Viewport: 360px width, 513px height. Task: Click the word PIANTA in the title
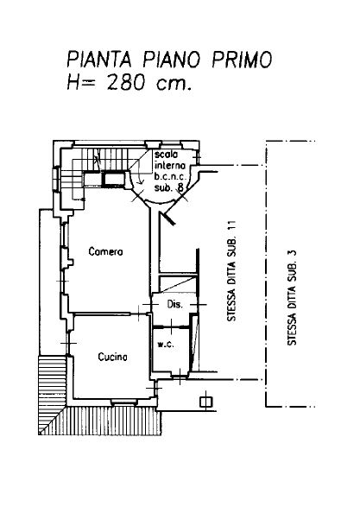click(99, 60)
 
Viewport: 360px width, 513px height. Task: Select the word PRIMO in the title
click(242, 60)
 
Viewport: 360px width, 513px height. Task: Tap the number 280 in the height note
click(126, 82)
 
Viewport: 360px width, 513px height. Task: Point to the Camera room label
click(105, 251)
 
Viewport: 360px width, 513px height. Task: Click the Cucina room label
click(112, 357)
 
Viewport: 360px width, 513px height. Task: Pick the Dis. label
click(174, 304)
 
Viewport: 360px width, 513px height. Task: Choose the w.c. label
click(166, 345)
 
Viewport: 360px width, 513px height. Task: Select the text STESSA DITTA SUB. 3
click(292, 297)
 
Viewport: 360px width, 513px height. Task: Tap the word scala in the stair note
click(167, 155)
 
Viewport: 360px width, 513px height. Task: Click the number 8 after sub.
click(180, 187)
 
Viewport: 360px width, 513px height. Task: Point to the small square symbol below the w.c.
click(205, 402)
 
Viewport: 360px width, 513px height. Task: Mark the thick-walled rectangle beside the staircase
click(114, 180)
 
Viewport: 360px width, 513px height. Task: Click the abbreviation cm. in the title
click(174, 85)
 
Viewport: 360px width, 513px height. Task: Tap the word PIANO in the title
click(171, 60)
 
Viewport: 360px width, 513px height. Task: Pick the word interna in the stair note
click(170, 166)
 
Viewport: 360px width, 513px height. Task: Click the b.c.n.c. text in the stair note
click(170, 177)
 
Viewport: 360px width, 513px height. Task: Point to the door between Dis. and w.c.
click(171, 326)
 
